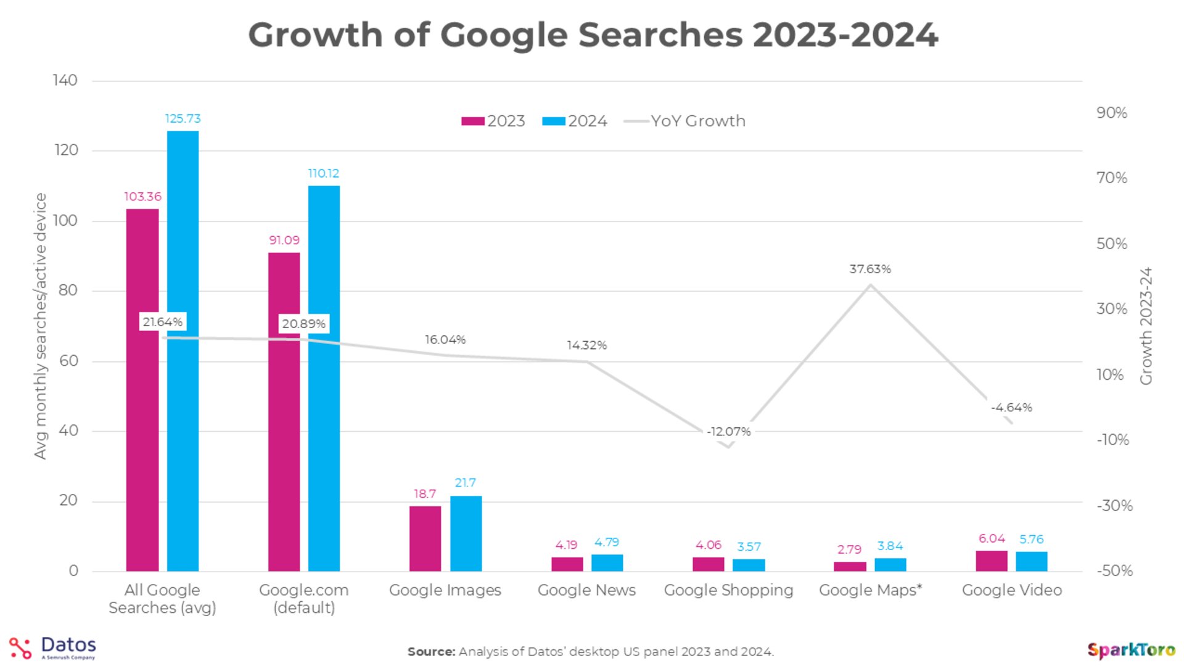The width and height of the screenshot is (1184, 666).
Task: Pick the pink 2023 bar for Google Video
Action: click(x=991, y=561)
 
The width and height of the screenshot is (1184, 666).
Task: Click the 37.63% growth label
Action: click(x=869, y=269)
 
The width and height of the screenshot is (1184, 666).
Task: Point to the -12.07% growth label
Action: click(x=728, y=432)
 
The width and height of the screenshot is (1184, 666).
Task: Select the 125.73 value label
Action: click(x=183, y=118)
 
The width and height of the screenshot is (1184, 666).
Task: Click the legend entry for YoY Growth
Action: click(x=684, y=121)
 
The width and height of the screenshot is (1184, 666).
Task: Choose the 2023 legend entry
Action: click(x=493, y=121)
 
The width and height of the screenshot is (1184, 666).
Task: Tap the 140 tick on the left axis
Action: click(x=65, y=80)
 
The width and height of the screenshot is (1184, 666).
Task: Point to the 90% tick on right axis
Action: click(x=1111, y=113)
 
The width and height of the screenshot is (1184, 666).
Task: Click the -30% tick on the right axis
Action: click(x=1114, y=506)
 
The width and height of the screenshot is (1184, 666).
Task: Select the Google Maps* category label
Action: click(x=869, y=590)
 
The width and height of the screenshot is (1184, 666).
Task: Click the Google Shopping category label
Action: click(x=728, y=590)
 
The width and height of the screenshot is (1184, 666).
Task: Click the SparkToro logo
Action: click(x=1130, y=650)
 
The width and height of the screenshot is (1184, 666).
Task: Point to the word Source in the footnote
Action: click(x=431, y=651)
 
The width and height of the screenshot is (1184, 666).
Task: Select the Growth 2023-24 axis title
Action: click(x=1146, y=326)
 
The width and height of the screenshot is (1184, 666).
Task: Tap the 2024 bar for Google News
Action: click(x=607, y=562)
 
